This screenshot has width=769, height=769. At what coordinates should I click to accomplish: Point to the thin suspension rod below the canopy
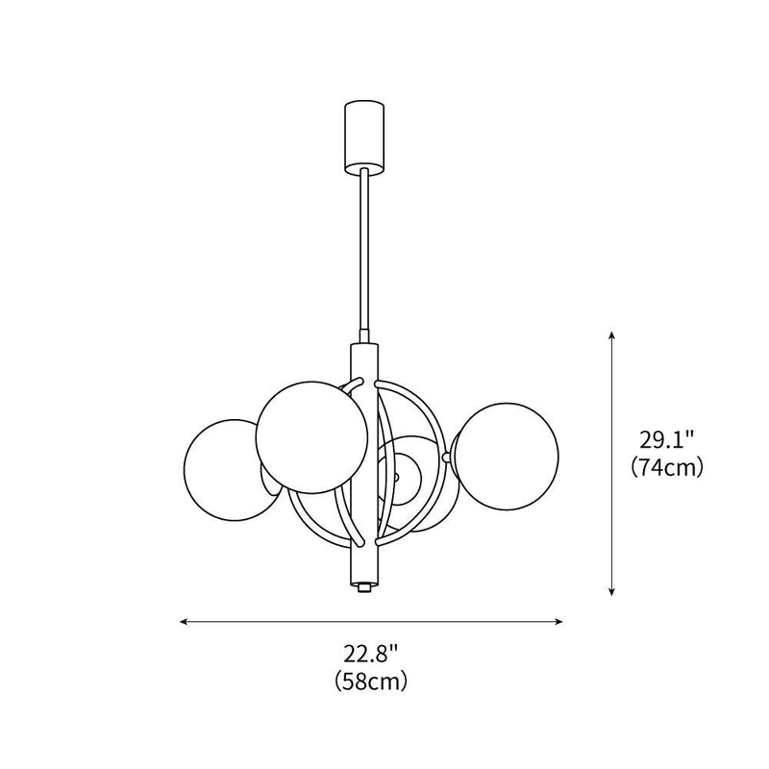click(362, 250)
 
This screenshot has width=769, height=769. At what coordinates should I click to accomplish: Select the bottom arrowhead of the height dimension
click(611, 592)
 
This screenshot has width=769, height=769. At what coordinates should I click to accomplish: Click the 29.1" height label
click(668, 441)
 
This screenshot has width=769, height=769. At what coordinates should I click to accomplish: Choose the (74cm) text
click(668, 468)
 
